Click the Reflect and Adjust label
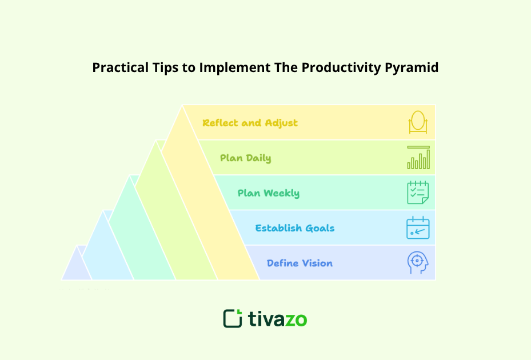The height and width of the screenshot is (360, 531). [250, 123]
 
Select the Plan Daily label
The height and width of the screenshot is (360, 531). [245, 158]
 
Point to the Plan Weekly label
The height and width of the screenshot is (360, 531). [268, 193]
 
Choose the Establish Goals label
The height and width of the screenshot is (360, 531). [294, 228]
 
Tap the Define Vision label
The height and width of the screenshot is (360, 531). [300, 263]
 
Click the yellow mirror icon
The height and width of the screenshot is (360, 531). [418, 122]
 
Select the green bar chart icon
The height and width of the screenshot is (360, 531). [418, 158]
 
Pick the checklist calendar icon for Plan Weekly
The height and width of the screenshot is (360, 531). [418, 193]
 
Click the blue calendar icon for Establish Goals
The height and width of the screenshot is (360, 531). [418, 228]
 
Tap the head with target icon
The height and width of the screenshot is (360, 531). [418, 263]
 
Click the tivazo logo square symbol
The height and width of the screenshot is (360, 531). [233, 318]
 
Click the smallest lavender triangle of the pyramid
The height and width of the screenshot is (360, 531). [75, 267]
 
